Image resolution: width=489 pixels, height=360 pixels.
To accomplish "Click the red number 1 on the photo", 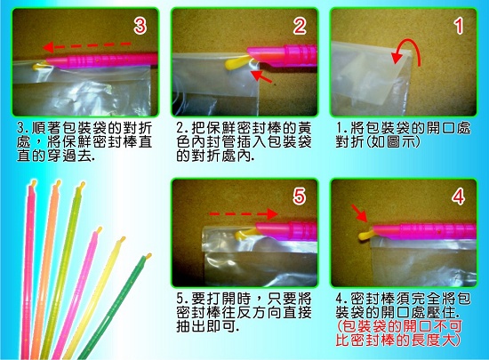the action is point(459,26).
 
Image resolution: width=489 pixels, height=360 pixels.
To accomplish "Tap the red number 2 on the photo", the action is point(300,26).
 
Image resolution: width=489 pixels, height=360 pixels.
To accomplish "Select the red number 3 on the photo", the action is point(140,26).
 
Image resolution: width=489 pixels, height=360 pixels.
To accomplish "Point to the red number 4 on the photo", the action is point(458,196).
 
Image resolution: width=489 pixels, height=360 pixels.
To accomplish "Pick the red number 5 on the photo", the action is point(299,196).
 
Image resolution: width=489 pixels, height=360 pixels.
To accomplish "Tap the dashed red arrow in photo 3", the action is point(86,46).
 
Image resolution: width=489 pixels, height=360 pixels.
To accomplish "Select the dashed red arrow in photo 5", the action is point(244,214).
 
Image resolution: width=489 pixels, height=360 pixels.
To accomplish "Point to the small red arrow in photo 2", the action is point(261,77).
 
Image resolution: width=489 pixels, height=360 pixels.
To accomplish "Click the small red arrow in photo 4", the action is point(359,212).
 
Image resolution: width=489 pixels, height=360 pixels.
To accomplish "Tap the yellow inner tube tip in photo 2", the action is point(237,62).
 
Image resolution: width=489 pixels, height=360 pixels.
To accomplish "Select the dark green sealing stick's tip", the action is point(148,257).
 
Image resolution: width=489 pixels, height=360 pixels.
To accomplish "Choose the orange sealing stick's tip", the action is point(58,183).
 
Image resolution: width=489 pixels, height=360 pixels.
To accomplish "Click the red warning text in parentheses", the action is point(399,333).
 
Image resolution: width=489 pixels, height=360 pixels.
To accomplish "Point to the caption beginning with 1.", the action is point(403,134).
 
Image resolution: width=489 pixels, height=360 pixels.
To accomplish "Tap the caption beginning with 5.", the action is point(244,313).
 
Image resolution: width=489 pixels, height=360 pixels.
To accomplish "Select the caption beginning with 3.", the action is point(84,142).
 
